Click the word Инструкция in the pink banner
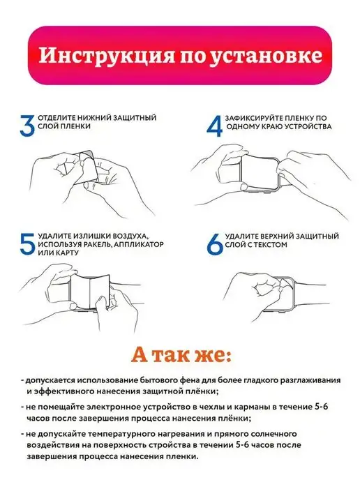click(106, 56)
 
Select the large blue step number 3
click(27, 126)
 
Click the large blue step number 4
click(215, 126)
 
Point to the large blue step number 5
click(27, 244)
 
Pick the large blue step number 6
click(215, 244)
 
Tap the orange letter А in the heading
click(140, 355)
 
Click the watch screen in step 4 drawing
click(259, 173)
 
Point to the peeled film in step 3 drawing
click(86, 167)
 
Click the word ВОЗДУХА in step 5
click(130, 237)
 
